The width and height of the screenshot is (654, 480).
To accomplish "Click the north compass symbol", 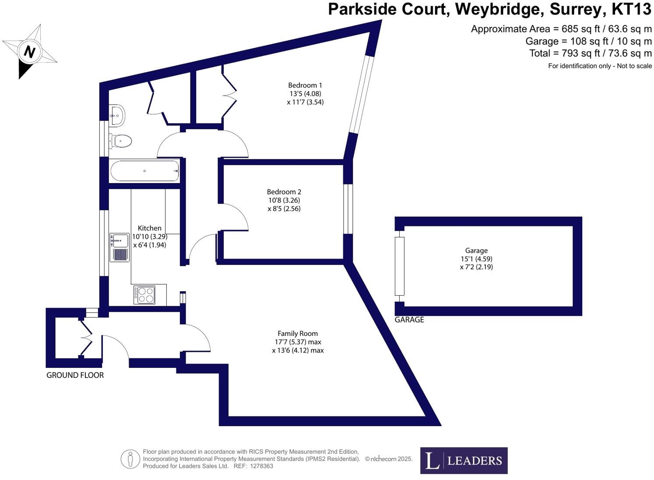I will (29, 52).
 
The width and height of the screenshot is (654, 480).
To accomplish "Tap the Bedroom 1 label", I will (305, 85).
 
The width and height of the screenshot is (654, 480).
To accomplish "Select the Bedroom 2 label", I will (284, 192).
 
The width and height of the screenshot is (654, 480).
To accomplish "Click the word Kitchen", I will (150, 228).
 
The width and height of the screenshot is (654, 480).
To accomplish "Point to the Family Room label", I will (298, 333).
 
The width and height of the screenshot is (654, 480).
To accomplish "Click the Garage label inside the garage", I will (476, 251).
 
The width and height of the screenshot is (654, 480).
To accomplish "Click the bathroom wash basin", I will (117, 115).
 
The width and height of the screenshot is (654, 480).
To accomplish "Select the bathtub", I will (144, 171).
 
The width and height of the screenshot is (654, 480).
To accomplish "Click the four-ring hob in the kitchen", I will (144, 295).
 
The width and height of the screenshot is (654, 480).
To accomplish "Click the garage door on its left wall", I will (399, 266).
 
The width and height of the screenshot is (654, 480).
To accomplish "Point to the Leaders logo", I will (464, 460).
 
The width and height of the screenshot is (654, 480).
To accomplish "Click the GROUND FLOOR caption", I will (75, 375).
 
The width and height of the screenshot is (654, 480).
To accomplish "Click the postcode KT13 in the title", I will (631, 9).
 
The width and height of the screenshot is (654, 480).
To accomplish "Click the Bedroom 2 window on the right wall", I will (348, 209).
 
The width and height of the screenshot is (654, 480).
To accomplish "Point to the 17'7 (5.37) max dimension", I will (298, 342).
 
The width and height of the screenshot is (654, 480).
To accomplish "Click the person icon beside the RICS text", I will (130, 459).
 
